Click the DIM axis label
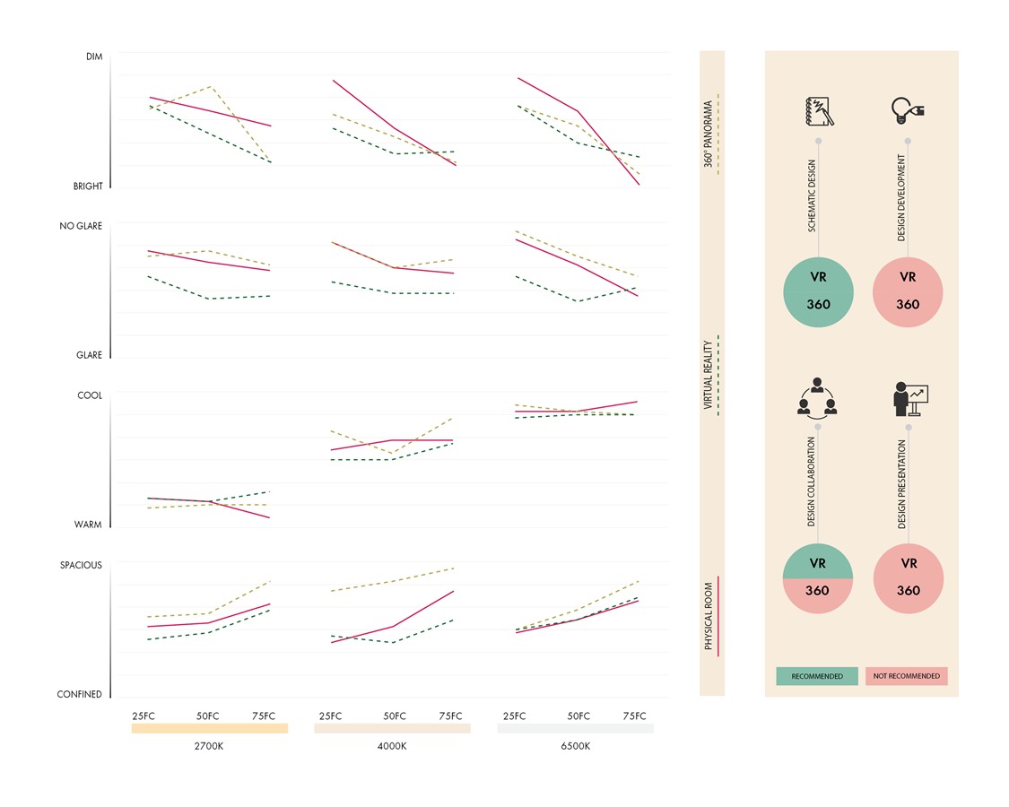94,56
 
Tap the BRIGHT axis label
88,186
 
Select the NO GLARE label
81,226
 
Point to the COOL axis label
90,395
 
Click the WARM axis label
88,525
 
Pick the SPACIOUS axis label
81,565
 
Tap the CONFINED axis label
79,694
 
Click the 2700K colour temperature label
209,746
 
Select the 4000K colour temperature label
392,746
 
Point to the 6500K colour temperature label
575,746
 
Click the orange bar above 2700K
210,728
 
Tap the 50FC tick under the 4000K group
395,716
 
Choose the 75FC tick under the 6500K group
634,716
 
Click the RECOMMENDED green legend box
817,676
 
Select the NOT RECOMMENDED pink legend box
907,676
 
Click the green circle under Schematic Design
819,292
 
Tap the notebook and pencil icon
819,111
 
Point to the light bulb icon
908,110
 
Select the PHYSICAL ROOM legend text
709,616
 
